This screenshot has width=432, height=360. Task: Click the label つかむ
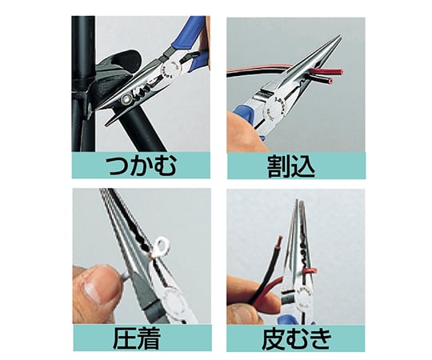coord(142,166)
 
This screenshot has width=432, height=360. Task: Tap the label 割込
coord(291,167)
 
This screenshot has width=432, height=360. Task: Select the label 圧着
coord(137,338)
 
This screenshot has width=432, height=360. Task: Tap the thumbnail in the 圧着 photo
coord(94,292)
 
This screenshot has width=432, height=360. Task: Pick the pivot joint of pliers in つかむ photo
coord(171,66)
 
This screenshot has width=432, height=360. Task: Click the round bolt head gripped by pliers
coord(127,99)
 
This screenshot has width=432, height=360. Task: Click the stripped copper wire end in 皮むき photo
coord(280,240)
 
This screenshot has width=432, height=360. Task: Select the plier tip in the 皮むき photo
coord(298,201)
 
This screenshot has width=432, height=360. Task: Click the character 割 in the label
coord(278,167)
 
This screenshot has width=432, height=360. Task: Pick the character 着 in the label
coord(149,338)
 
